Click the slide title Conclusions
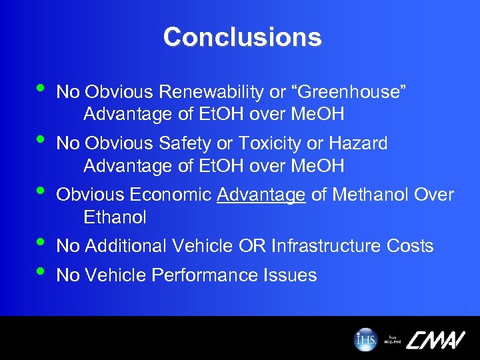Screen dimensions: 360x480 coord(242,37)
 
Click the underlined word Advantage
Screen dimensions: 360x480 coord(261,195)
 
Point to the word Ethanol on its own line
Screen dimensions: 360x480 coord(115,217)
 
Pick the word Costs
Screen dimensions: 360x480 coord(410,246)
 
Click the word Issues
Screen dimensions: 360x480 coord(291,275)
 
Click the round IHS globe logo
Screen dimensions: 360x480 coord(365,339)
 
